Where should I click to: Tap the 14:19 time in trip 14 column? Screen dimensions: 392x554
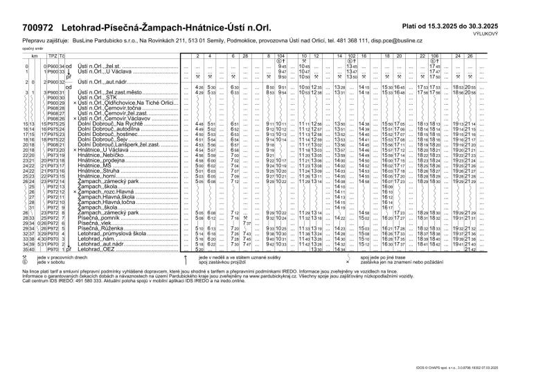pos(339,207)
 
